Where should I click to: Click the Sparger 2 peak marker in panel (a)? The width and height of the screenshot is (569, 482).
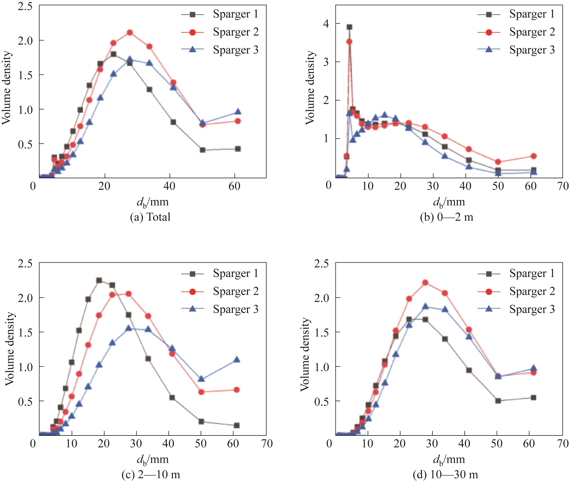click(x=130, y=32)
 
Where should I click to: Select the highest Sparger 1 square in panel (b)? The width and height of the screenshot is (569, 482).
click(x=349, y=27)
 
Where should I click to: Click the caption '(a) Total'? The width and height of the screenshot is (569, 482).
click(x=150, y=217)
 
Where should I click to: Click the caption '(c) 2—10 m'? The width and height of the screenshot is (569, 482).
click(x=151, y=475)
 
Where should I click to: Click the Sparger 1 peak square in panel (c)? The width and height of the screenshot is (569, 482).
click(x=99, y=280)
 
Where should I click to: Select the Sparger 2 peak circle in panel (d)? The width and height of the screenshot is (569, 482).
click(x=425, y=282)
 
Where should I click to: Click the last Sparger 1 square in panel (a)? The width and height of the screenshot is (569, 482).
click(x=238, y=149)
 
